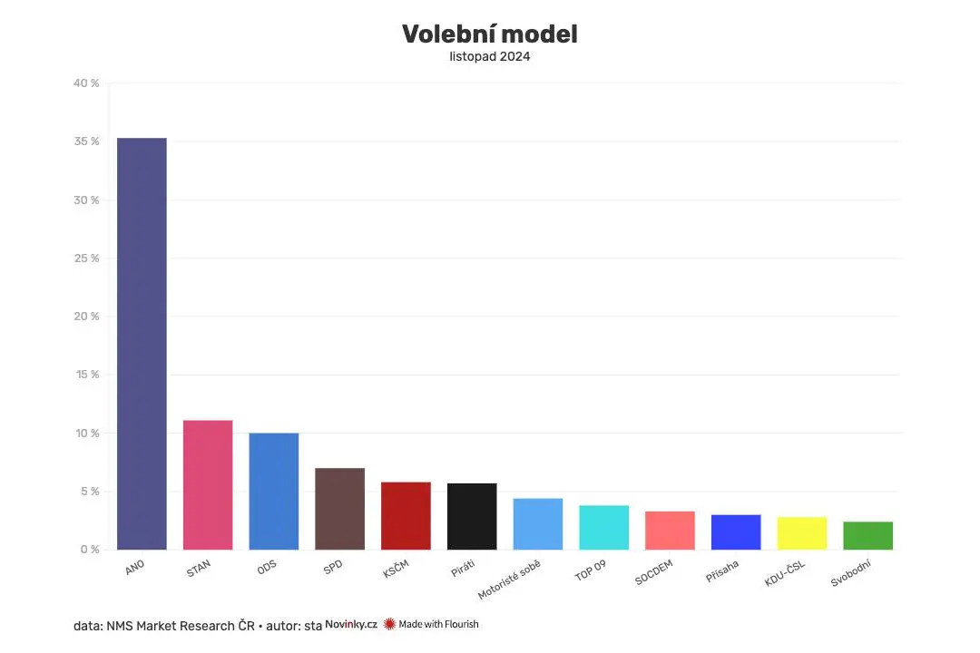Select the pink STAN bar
pos(208,484)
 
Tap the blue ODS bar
pos(274,491)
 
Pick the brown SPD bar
pos(339,508)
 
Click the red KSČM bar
pos(406,515)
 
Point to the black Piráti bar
pos(472,516)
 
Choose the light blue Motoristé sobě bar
pos(538,523)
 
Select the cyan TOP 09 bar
pos(603,527)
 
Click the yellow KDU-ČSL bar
pos(802,532)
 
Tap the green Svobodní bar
pos(867,535)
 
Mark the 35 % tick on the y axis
pos(88,141)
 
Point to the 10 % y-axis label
pos(88,434)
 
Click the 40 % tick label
pos(88,83)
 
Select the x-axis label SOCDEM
pos(654,574)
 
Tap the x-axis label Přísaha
pos(722,572)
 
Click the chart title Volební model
pos(490,34)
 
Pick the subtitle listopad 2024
pos(490,56)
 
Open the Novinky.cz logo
pos(351,624)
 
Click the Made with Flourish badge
pos(432,624)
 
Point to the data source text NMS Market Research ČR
pos(181,625)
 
